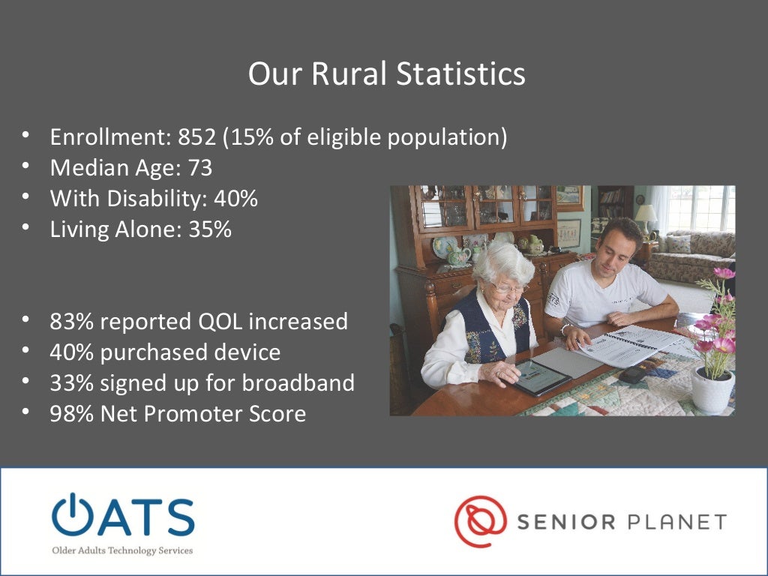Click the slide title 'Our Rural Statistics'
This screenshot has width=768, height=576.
pyautogui.click(x=386, y=74)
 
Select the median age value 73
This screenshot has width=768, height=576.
pyautogui.click(x=199, y=168)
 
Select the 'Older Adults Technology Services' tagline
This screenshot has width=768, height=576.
pyautogui.click(x=122, y=550)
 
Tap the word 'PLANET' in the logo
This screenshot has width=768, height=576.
pyautogui.click(x=677, y=521)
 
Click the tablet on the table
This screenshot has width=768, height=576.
pyautogui.click(x=539, y=376)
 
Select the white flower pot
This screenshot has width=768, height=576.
pyautogui.click(x=712, y=390)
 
